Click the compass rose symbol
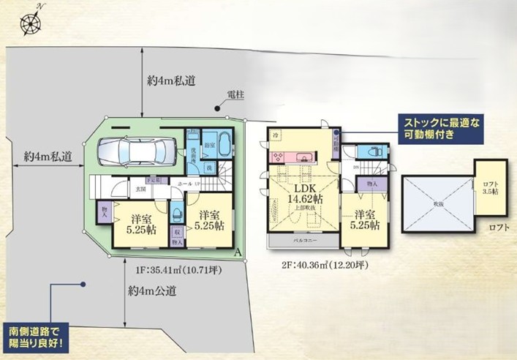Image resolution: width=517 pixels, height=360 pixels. (31, 23)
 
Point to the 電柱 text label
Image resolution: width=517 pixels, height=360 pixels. (235, 95)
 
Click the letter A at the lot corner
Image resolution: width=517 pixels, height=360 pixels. (238, 253)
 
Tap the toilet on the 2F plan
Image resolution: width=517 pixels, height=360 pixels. (374, 151)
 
